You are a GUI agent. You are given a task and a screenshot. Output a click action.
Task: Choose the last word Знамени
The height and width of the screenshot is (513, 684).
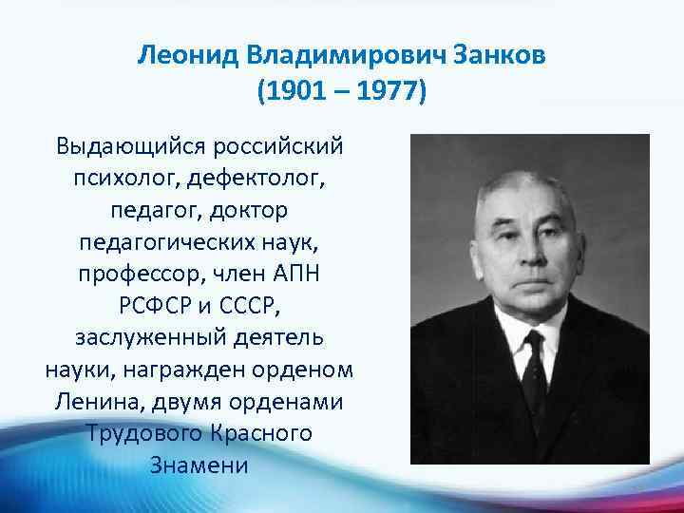click(x=199, y=465)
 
